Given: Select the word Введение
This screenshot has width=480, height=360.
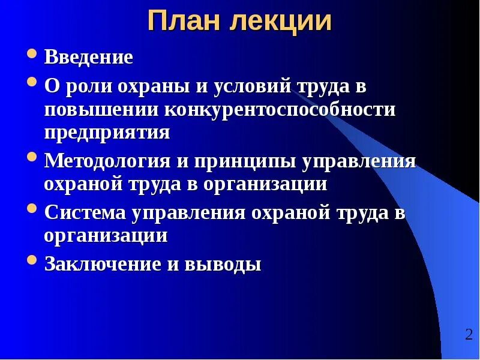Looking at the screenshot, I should click(88, 58).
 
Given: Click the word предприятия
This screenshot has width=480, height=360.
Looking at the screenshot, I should click(107, 132).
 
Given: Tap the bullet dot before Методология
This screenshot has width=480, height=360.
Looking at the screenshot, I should click(33, 157).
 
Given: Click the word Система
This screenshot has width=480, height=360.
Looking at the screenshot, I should click(82, 212).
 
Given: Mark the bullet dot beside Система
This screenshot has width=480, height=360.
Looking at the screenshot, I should click(33, 209).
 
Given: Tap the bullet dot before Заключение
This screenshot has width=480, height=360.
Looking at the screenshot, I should click(33, 260).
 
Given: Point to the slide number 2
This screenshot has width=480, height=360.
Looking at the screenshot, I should click(468, 335).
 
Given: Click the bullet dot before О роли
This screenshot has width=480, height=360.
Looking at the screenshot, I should click(33, 82).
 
